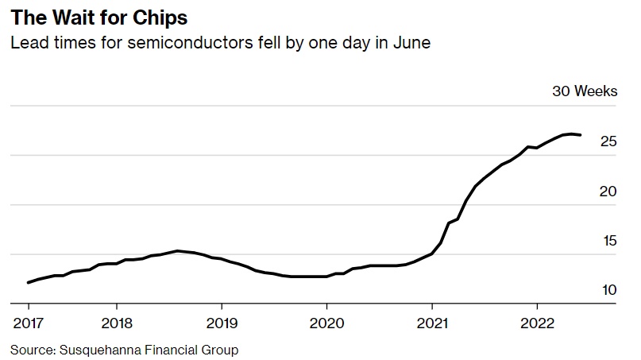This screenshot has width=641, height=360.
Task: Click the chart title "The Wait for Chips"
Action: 98,17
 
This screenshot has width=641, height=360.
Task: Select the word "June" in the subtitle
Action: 411,42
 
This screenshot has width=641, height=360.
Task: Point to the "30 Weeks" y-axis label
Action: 585,91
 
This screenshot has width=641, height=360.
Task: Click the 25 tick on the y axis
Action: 608,142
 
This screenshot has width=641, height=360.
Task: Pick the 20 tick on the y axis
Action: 608,192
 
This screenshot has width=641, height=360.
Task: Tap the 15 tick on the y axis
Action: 608,241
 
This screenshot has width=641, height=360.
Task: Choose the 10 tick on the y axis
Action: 608,290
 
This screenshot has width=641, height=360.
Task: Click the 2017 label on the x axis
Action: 28,323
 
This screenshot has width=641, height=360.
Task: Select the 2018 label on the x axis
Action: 117,323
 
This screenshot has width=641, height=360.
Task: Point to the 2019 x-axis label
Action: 222,323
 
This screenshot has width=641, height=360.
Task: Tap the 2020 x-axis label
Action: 326,323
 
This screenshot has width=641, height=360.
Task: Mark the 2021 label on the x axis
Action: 431,323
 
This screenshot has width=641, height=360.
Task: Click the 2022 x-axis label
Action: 536,323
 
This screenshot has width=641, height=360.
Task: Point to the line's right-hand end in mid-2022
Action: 581,135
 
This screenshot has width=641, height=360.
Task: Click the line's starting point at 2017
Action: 29,282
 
